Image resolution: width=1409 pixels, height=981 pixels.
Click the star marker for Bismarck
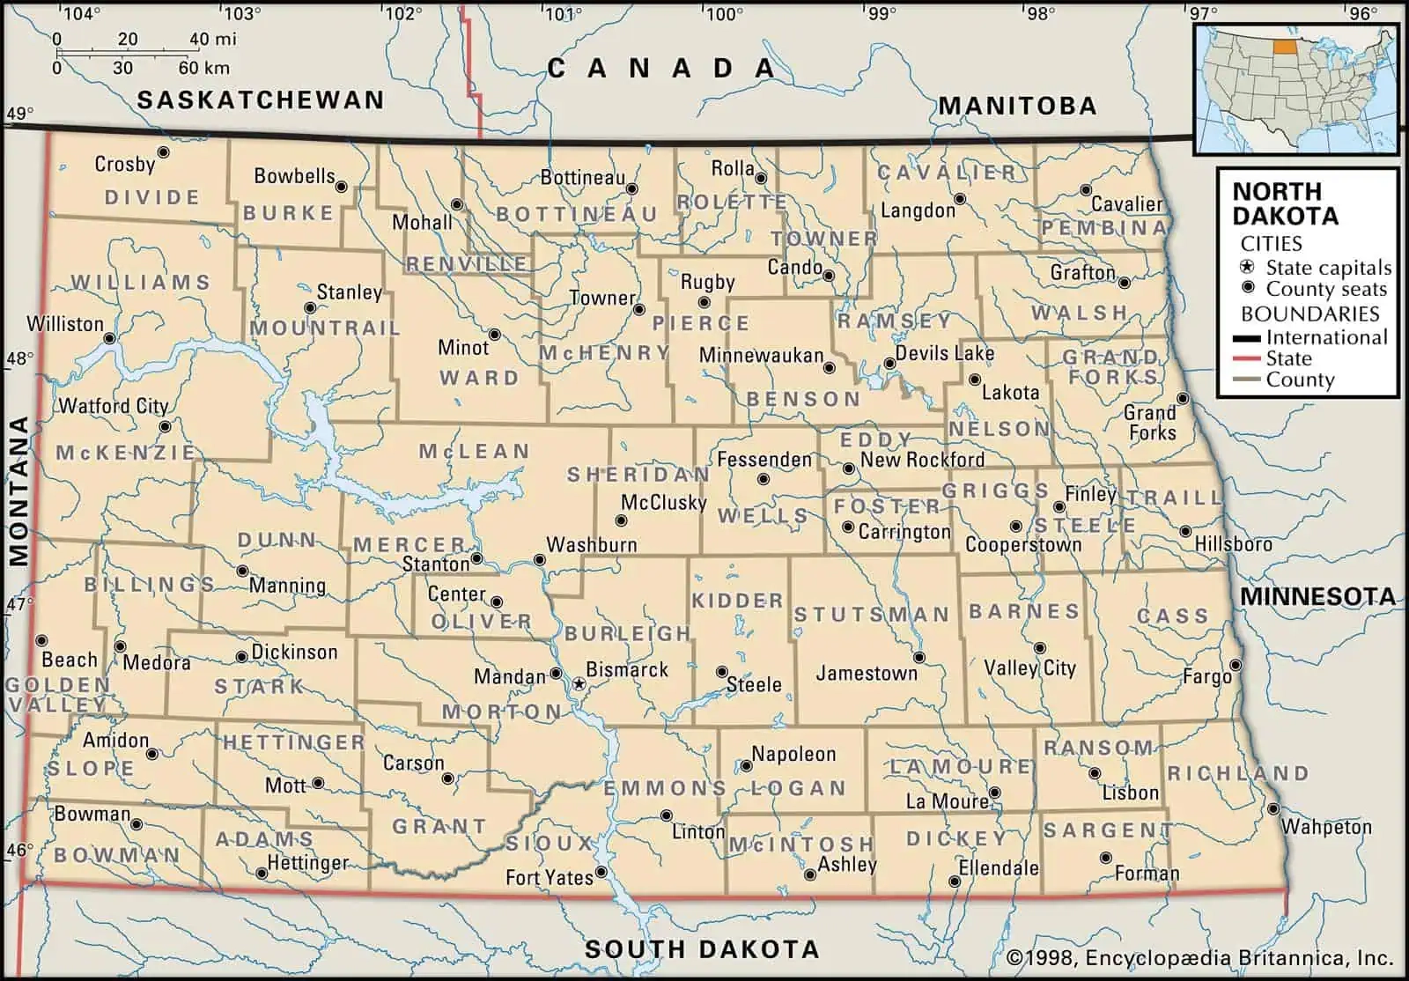[579, 683]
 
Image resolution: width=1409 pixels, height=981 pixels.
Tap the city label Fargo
[1206, 677]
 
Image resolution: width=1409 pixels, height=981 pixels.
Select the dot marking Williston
[110, 338]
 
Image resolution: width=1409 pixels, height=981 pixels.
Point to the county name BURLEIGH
[627, 633]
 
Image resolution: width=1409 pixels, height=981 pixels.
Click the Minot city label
[462, 348]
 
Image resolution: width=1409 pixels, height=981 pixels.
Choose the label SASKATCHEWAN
[261, 100]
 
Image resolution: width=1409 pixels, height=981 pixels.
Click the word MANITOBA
[1017, 107]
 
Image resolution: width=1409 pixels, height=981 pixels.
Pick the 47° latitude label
[19, 605]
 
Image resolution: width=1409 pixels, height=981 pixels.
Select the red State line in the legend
[1244, 359]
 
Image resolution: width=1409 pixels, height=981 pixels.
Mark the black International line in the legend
[1244, 338]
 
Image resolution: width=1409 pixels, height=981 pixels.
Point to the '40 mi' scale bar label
[212, 39]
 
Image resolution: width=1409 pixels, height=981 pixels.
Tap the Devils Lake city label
[944, 354]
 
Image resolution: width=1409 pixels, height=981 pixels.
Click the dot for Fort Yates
[601, 872]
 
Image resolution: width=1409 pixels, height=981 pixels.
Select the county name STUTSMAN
[871, 615]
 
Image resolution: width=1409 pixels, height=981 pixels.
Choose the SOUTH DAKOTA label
[702, 949]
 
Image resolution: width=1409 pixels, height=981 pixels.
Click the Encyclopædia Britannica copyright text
[1199, 958]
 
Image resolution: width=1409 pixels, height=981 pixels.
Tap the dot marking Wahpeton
[1273, 808]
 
